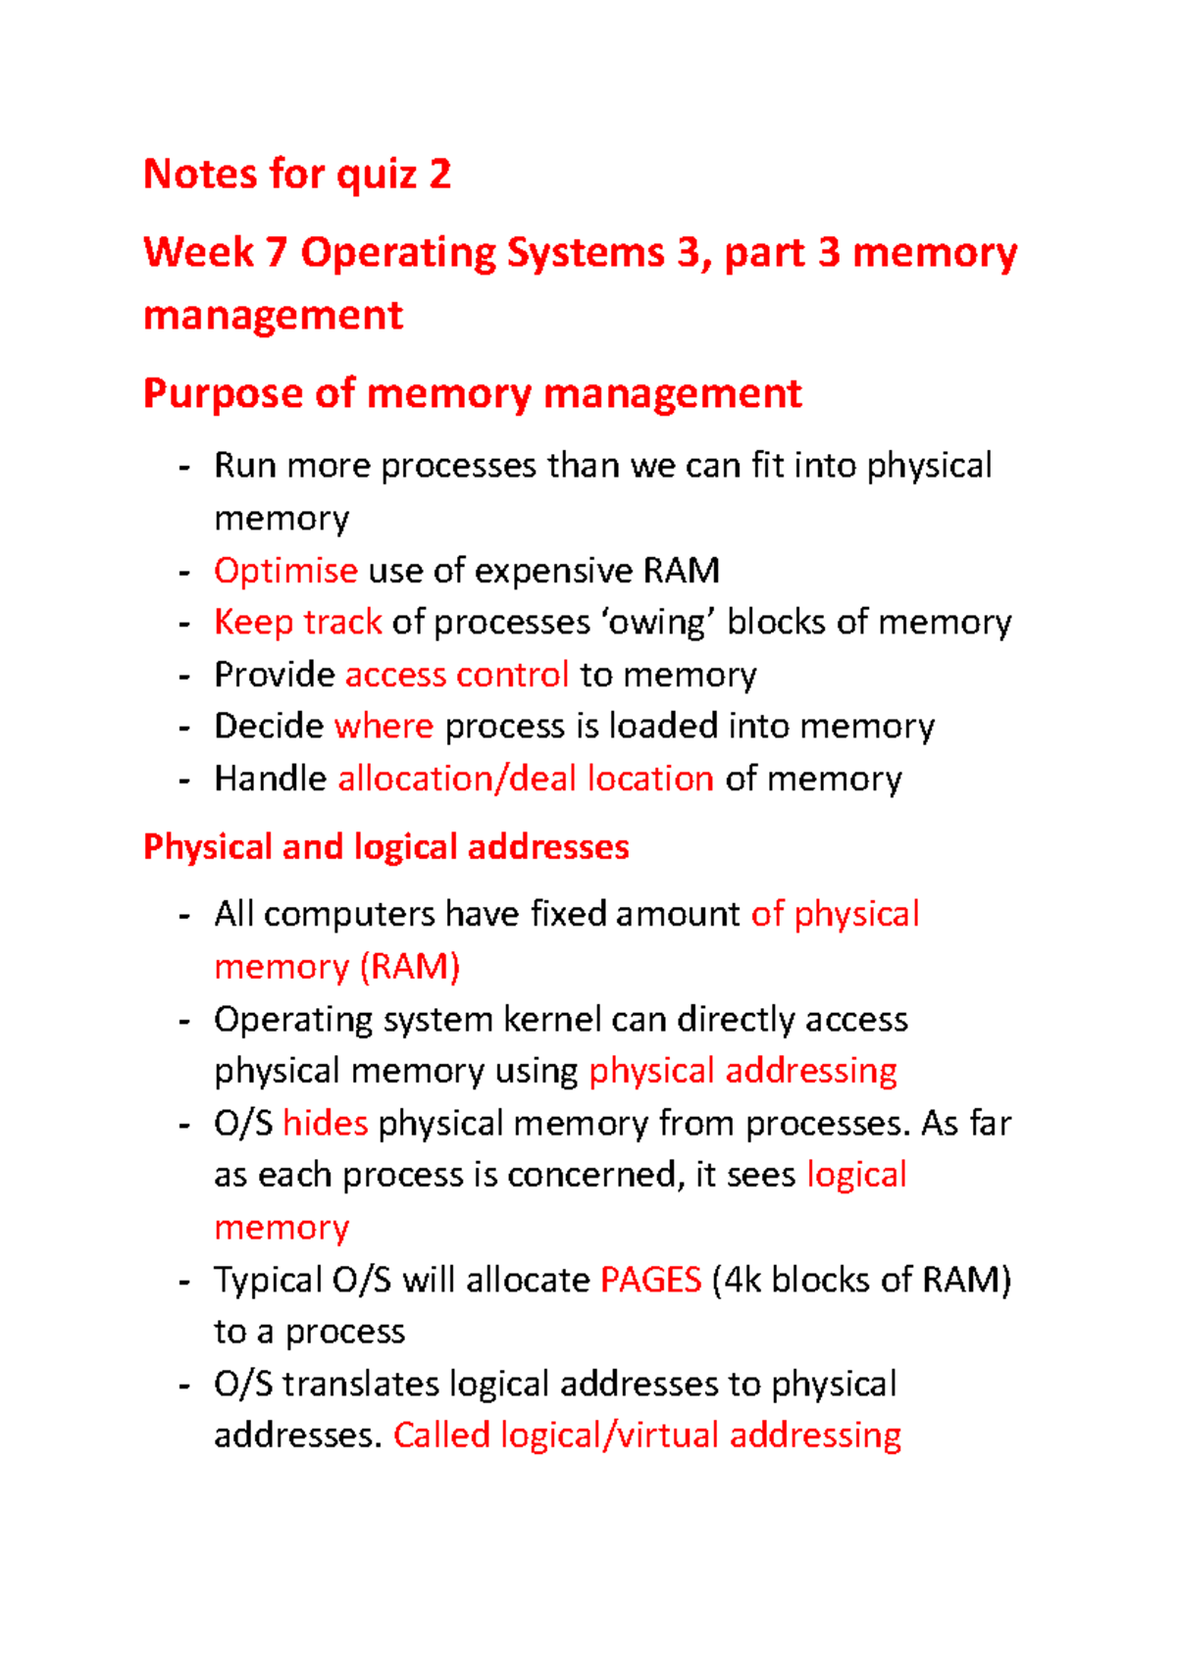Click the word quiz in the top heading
377,176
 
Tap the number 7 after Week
276,253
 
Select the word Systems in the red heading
587,253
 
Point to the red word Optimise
285,571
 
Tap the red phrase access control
457,675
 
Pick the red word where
384,727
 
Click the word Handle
270,779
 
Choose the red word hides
325,1123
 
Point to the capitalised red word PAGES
650,1280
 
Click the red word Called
441,1436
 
